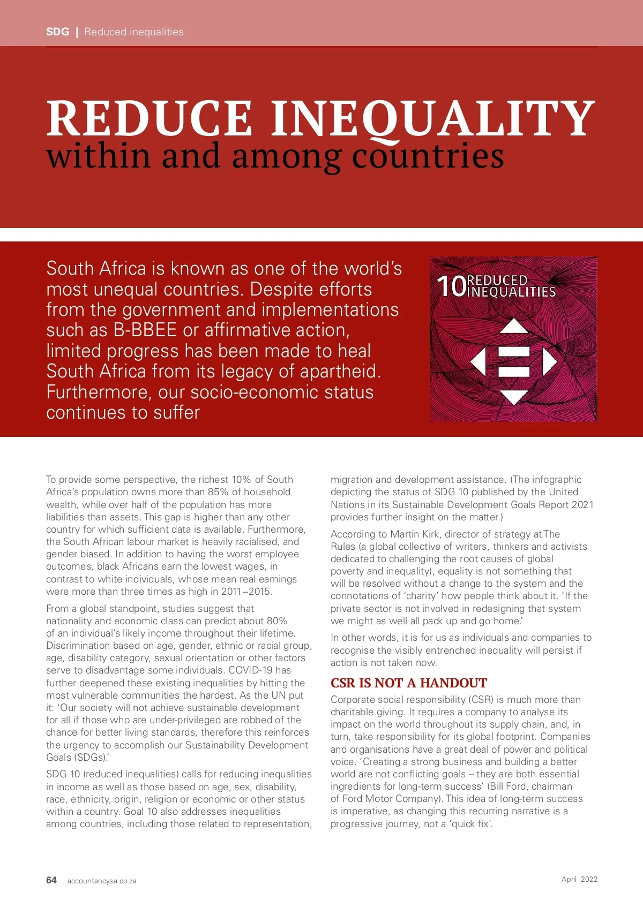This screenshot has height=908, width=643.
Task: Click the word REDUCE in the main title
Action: [149, 118]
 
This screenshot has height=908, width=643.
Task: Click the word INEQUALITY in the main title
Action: [433, 118]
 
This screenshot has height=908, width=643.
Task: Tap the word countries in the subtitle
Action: [428, 156]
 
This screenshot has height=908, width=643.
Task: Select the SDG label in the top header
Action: [57, 32]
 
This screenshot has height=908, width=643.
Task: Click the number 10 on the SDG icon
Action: [451, 286]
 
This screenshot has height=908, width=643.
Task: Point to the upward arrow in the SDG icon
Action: [514, 326]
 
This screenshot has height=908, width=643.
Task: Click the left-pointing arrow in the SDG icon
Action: [478, 361]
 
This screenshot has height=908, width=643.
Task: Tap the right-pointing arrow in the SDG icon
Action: [549, 361]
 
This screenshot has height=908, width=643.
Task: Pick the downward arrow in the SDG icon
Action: [514, 397]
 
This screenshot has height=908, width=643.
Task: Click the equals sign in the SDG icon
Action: [514, 361]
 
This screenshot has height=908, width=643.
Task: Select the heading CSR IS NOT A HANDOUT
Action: [408, 683]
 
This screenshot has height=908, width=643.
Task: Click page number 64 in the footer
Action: [51, 880]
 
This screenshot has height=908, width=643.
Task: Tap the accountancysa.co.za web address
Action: [102, 881]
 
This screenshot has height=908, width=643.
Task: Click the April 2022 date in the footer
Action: [579, 879]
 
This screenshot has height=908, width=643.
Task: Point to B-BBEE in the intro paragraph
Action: [145, 330]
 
